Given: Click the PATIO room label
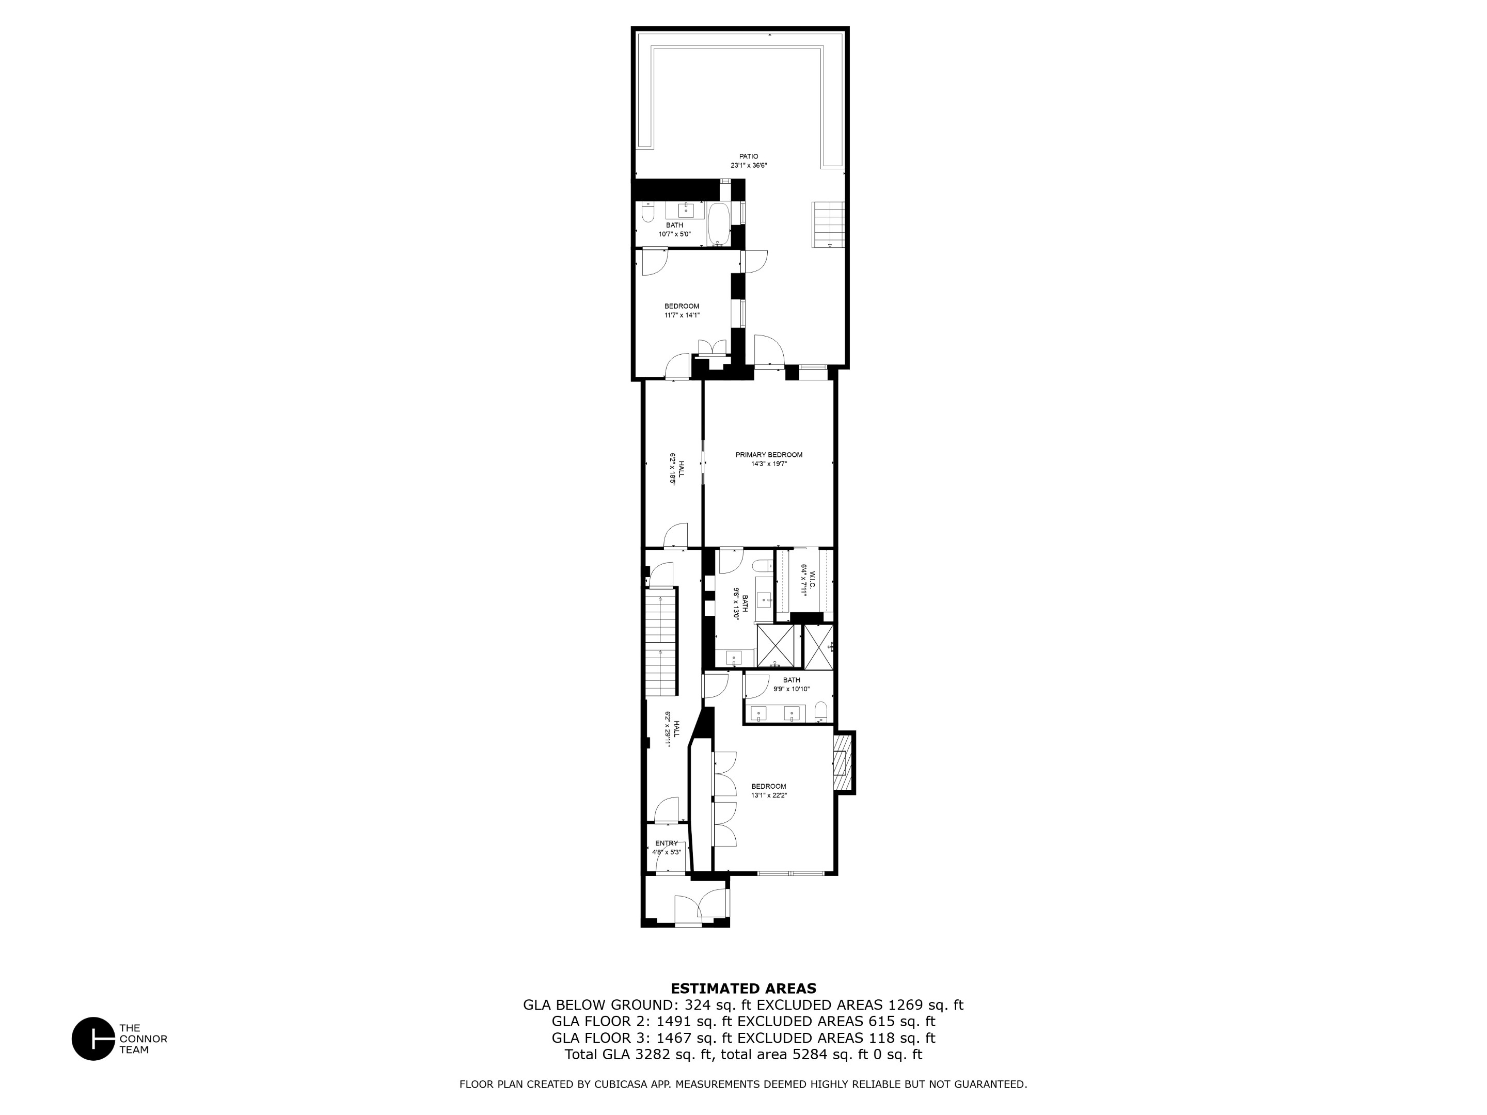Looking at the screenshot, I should pos(748,156).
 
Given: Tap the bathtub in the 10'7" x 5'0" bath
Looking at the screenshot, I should pos(719,224).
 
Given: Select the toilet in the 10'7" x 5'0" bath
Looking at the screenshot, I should pos(647,214).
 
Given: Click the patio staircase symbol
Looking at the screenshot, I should pos(828,225).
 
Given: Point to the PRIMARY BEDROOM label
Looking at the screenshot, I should pos(768,455).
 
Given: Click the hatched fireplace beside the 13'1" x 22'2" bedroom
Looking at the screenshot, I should pos(842,763).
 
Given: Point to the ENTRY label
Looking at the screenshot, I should pos(666,843).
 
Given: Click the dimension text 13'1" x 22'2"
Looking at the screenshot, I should pos(769,795).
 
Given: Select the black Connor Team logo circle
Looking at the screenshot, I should pos(93,1039).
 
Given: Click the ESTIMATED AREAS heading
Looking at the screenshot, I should pos(743,989).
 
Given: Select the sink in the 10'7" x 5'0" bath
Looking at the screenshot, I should pos(686,209).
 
